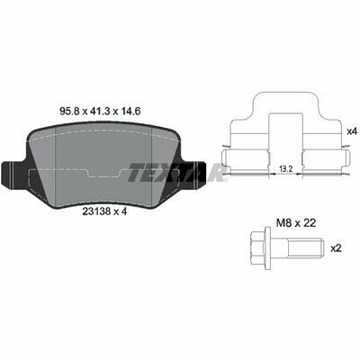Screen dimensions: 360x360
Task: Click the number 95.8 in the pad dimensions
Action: pyautogui.click(x=70, y=112)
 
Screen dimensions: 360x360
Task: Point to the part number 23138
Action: pyautogui.click(x=96, y=211)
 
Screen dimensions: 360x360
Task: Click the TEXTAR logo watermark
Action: pyautogui.click(x=177, y=173)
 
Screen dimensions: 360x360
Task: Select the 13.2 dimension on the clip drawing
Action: pyautogui.click(x=286, y=168)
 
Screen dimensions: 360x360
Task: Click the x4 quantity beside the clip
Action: pyautogui.click(x=351, y=131)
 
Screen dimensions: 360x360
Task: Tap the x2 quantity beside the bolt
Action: pyautogui.click(x=336, y=248)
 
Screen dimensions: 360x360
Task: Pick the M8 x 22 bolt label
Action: pyautogui.click(x=295, y=223)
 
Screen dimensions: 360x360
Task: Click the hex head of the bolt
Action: pyautogui.click(x=257, y=248)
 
